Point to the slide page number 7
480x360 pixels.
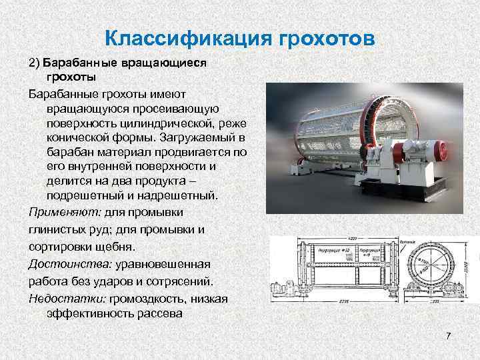449,333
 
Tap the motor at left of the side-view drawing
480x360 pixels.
279,288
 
